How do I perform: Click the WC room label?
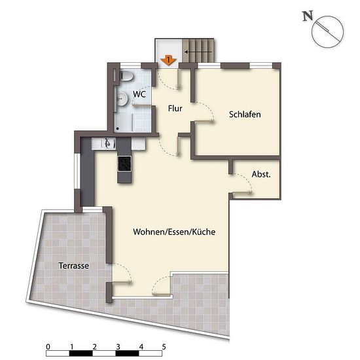tap(139, 94)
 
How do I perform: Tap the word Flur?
tap(175, 109)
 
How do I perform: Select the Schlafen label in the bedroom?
tap(245, 115)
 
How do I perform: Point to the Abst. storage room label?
tap(261, 174)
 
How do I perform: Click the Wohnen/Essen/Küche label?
tap(174, 232)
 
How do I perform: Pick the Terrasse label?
tap(74, 266)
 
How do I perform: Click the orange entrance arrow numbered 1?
tap(168, 60)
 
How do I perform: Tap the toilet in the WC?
tap(126, 76)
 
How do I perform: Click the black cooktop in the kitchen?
tap(124, 164)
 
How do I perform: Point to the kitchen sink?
tap(108, 144)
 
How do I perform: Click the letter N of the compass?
tap(308, 16)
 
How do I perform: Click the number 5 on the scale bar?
tap(164, 346)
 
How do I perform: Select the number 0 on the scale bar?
tap(48, 346)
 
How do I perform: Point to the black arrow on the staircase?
tap(198, 52)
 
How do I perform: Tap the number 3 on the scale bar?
tap(118, 346)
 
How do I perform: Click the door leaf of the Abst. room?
tap(242, 192)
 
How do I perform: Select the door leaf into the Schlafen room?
tap(204, 120)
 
